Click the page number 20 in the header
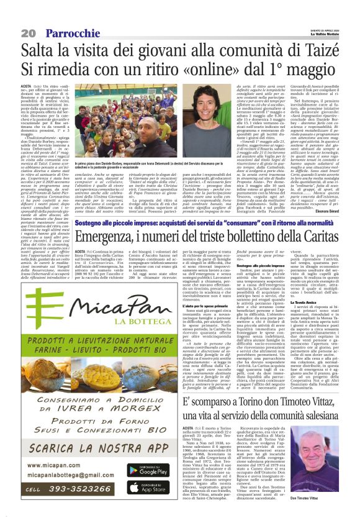(x=12, y=32)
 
